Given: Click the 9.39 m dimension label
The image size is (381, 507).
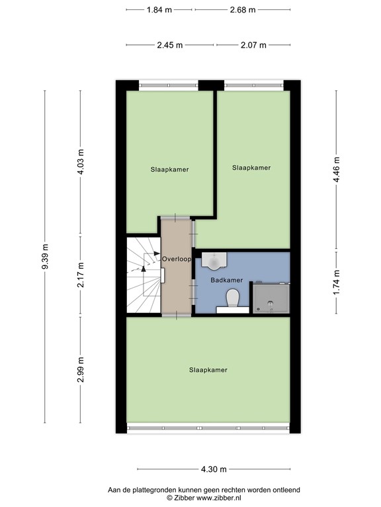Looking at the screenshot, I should point(45,257).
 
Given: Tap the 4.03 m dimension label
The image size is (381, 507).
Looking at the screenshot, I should point(81,162).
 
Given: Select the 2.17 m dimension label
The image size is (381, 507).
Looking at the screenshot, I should point(81,275).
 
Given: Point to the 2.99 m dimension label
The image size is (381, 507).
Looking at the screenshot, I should point(81,368).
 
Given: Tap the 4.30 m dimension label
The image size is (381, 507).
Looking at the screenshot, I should point(213,469).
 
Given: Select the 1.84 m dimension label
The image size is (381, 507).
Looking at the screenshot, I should point(159,10).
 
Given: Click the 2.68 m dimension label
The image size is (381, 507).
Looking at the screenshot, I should point(242,10).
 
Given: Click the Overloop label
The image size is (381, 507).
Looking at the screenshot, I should point(177,259).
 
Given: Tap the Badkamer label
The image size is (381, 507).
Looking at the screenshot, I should point(226,281).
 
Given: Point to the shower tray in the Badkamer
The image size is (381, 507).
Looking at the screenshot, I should point(271,298).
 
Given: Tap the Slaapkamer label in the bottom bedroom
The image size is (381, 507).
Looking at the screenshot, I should point(208,370).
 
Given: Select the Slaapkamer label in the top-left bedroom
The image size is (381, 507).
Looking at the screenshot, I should point(169,170).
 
